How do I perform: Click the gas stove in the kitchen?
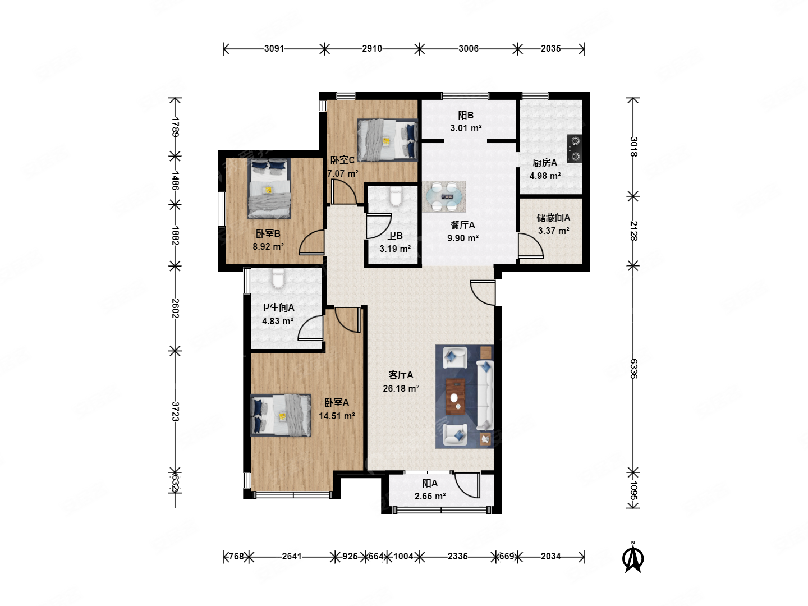[x=574, y=148]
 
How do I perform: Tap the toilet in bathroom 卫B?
[x=396, y=197]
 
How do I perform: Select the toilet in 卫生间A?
[x=278, y=278]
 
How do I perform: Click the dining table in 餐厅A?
[x=444, y=196]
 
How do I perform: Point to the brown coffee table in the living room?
[x=456, y=396]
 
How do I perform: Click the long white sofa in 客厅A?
[x=485, y=396]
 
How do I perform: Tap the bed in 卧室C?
[x=388, y=140]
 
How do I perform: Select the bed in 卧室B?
[x=269, y=189]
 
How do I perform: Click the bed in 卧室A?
[x=281, y=415]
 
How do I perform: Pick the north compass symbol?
[x=632, y=557]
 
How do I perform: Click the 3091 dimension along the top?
[x=274, y=49]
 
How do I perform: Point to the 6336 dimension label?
[x=633, y=369]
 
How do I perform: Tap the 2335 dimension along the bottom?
[x=457, y=556]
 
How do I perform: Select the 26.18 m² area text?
[x=401, y=388]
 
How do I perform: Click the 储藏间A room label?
[x=553, y=218]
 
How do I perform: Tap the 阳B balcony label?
[x=466, y=115]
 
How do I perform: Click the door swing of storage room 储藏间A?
[x=531, y=245]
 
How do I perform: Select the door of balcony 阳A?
[x=467, y=485]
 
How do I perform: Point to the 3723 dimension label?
[x=175, y=411]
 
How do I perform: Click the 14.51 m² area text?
[x=337, y=416]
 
